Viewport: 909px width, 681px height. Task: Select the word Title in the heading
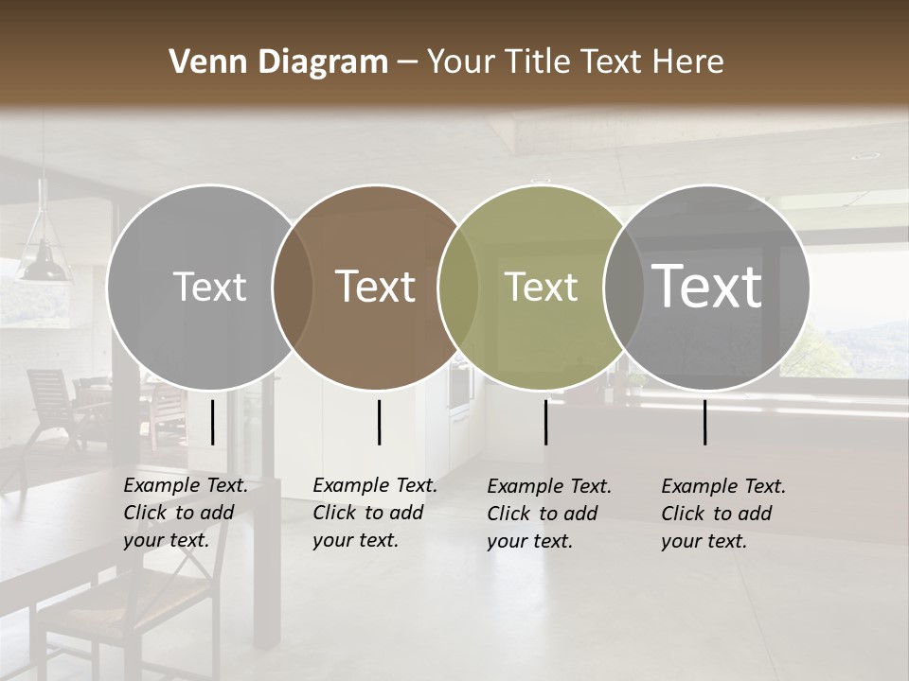(x=538, y=62)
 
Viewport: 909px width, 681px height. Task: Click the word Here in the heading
(x=689, y=62)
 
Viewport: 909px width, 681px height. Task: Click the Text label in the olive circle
(x=542, y=288)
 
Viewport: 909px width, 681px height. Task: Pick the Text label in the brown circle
(x=376, y=288)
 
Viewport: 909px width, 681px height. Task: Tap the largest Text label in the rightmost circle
(x=707, y=287)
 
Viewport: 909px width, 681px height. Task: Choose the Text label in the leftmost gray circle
(x=209, y=288)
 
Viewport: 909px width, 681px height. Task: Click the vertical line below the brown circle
(x=379, y=422)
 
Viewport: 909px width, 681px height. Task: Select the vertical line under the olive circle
(x=545, y=422)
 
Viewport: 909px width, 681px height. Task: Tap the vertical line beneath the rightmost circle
(x=705, y=422)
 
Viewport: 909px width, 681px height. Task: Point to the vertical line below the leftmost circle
(x=212, y=422)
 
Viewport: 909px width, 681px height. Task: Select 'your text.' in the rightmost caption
(x=704, y=541)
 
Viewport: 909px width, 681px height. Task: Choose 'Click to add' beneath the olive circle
(x=543, y=514)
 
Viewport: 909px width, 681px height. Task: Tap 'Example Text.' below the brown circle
(x=375, y=486)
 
